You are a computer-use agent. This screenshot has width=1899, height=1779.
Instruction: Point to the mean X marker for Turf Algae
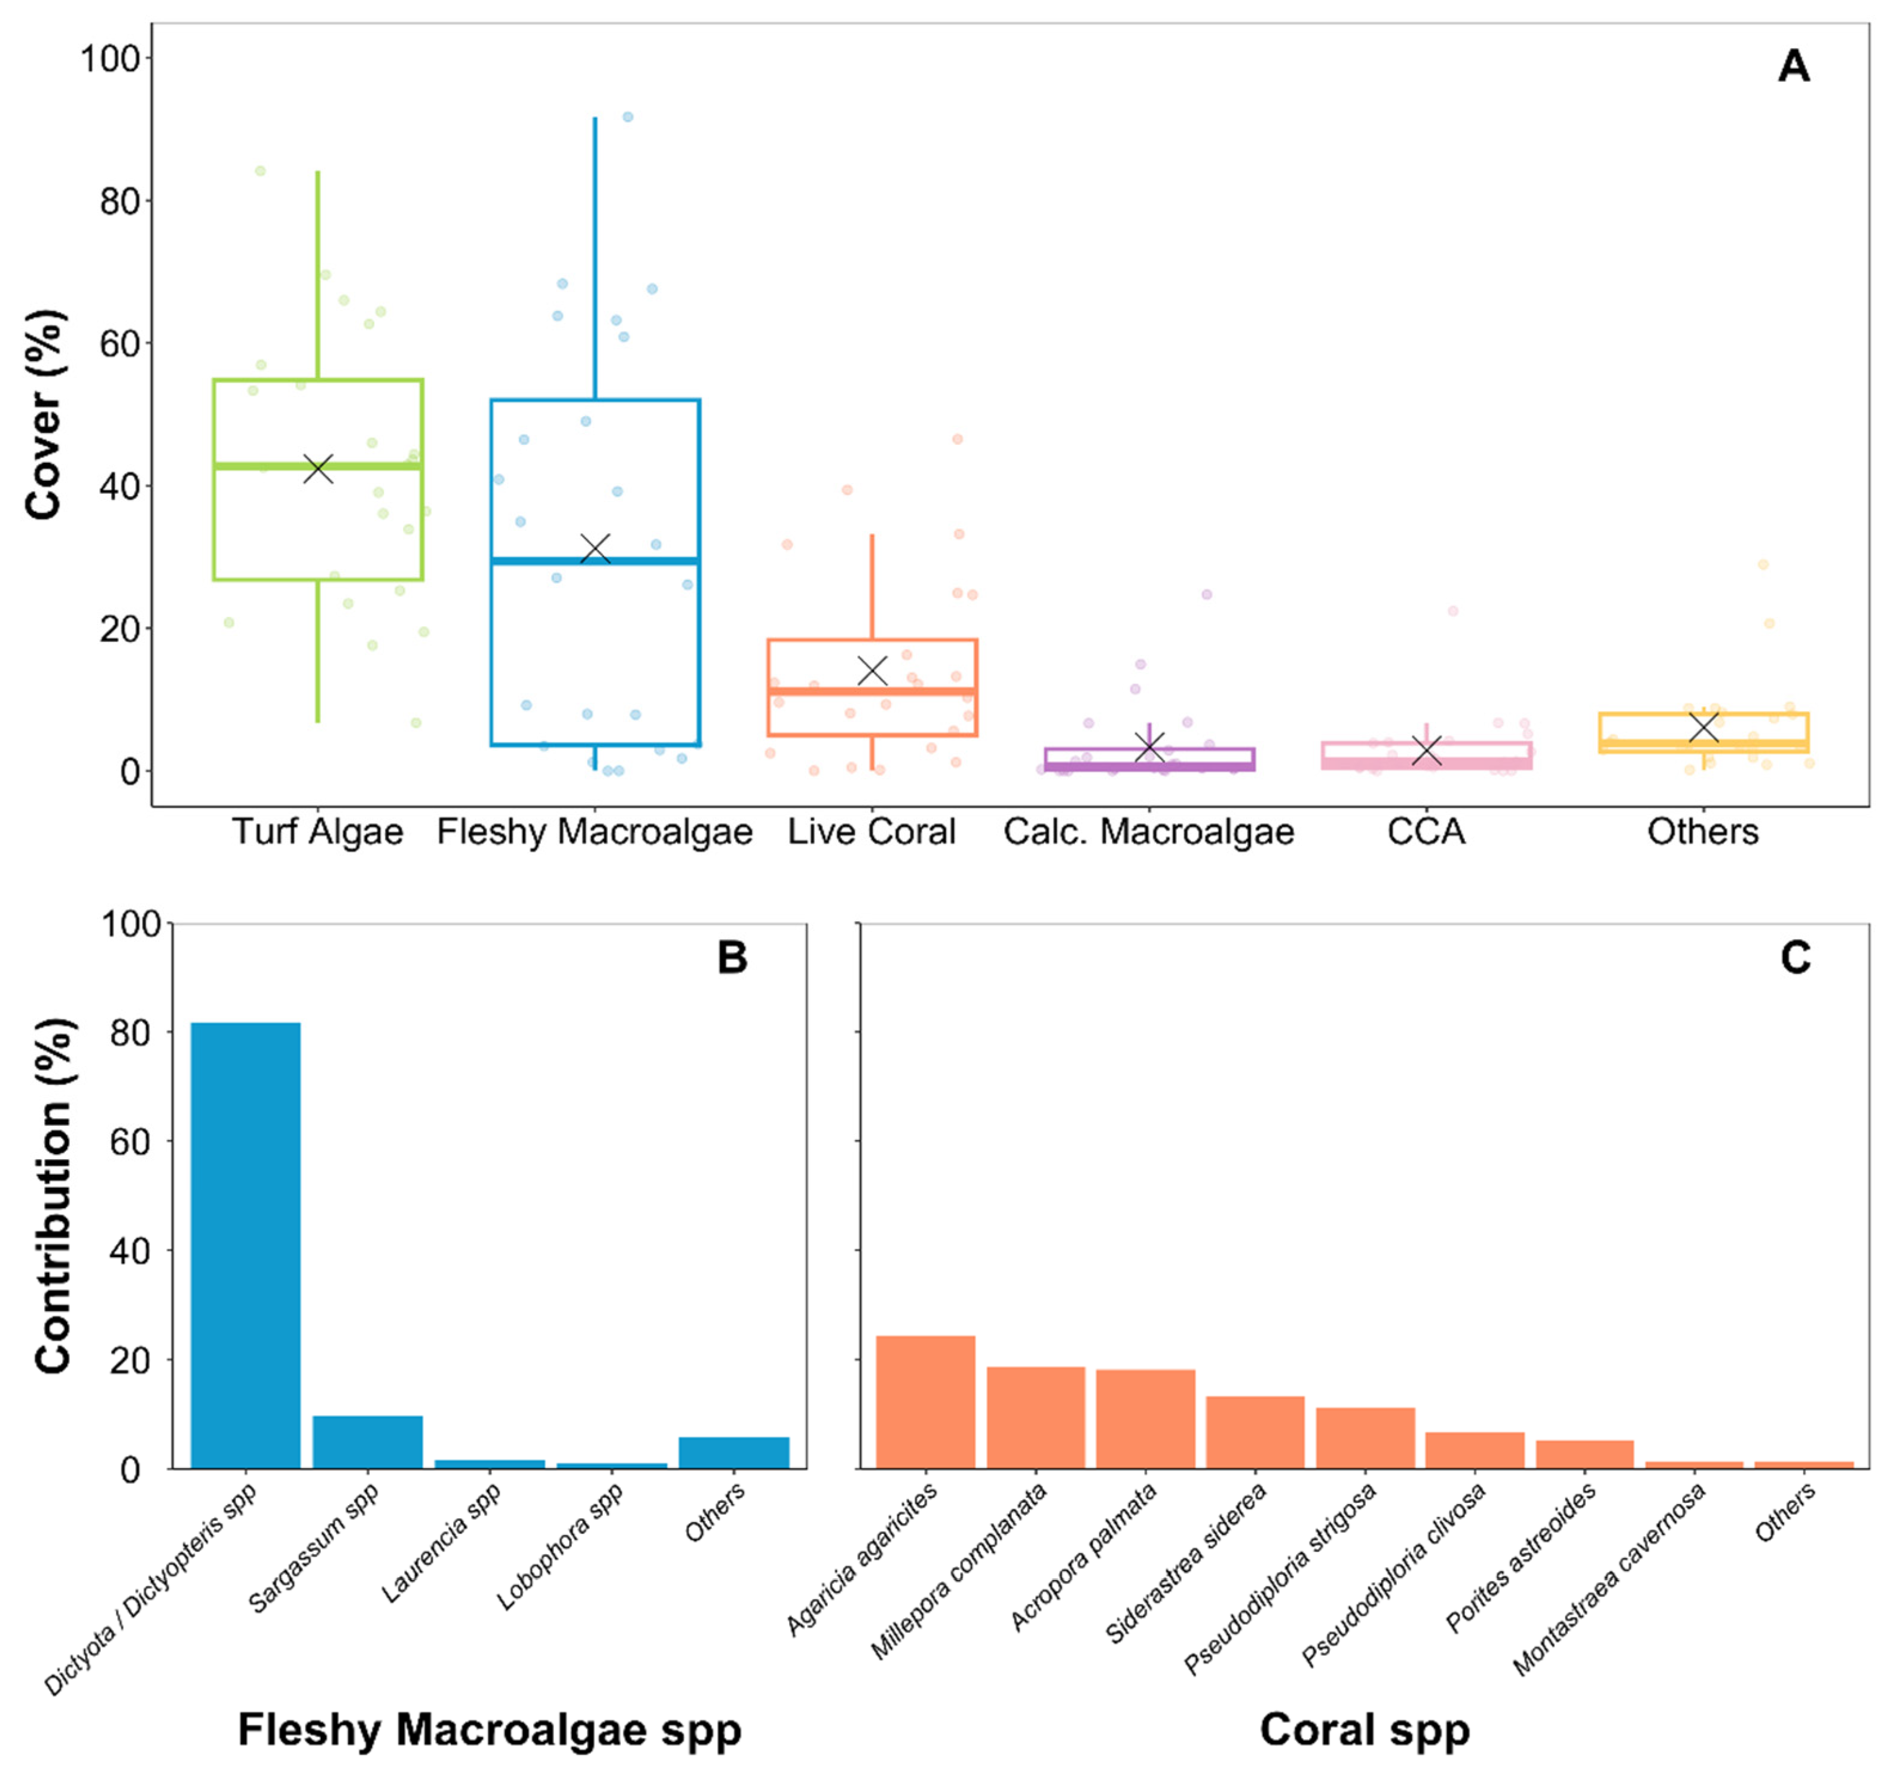click(318, 468)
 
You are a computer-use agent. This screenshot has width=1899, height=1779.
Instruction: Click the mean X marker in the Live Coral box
click(872, 671)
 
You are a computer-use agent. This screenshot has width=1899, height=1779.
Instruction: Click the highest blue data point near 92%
click(628, 117)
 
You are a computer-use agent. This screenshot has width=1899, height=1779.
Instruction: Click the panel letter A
click(1793, 67)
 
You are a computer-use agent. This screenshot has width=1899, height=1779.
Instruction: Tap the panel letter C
click(1795, 957)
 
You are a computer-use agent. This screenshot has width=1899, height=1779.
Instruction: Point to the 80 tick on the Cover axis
click(120, 201)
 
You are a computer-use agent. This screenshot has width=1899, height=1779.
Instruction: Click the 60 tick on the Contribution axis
click(130, 1142)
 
